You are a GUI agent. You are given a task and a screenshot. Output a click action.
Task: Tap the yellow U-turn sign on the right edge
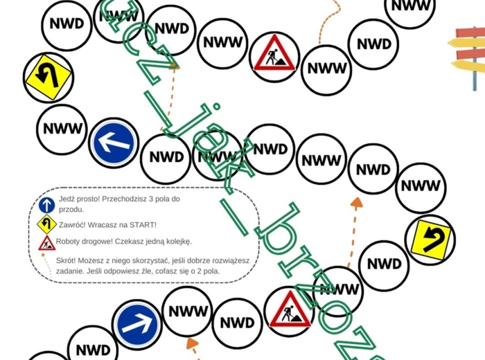pos(430,239)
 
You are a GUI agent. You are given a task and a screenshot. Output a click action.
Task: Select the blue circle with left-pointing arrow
pos(114,143)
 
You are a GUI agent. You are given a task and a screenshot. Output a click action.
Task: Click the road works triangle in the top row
pos(275,53)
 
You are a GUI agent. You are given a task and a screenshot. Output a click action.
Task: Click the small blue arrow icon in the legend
pos(46,204)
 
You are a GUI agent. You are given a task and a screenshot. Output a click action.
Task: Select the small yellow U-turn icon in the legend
pos(46,224)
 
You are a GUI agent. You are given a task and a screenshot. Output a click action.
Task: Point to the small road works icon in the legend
pos(46,242)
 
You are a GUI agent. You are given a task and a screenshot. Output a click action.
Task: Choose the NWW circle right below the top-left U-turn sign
pos(63,129)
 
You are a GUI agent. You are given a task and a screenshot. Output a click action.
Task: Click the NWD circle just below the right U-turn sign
pos(384,264)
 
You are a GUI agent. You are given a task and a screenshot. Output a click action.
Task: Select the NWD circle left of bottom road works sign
pos(237,323)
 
